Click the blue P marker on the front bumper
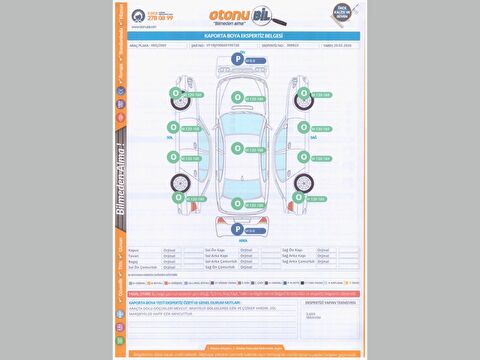[238, 60]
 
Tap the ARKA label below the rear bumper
[243, 240]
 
